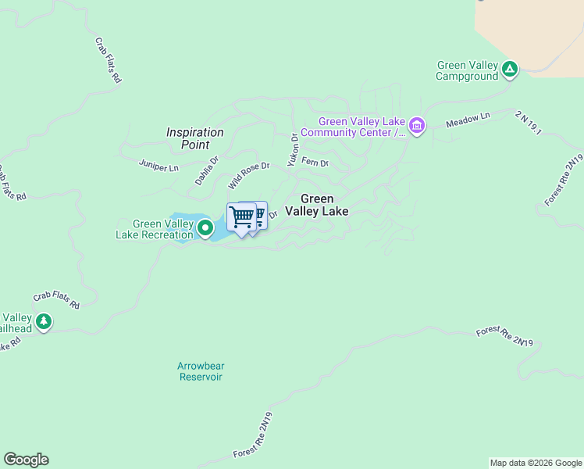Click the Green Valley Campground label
coord(467,71)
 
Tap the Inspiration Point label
coord(195,138)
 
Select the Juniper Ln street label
coord(158,166)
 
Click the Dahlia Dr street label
coord(207,170)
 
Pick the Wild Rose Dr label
coord(248,176)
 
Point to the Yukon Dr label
coord(293,149)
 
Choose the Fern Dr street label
coord(315,163)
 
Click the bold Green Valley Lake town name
coord(316,205)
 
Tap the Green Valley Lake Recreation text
coord(155,229)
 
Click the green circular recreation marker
coord(205,228)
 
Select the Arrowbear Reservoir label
coord(201,371)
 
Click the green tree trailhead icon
coord(44,321)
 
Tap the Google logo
coord(26,460)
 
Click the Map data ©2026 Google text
coord(536,463)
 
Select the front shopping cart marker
coord(242,217)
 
